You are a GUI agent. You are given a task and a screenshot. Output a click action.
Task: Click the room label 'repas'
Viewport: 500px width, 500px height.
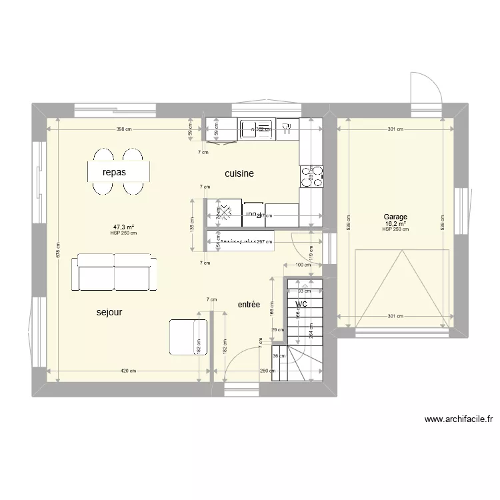pyautogui.click(x=114, y=172)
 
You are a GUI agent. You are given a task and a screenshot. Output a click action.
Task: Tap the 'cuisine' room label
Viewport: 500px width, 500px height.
pyautogui.click(x=239, y=173)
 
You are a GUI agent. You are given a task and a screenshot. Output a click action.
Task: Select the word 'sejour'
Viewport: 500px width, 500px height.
pyautogui.click(x=109, y=311)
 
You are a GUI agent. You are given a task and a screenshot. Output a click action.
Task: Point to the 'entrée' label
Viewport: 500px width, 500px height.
pyautogui.click(x=249, y=304)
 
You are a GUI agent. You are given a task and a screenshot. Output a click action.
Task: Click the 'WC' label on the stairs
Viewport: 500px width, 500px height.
pyautogui.click(x=301, y=304)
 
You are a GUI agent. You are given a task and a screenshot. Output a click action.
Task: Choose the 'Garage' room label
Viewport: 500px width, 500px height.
pyautogui.click(x=395, y=217)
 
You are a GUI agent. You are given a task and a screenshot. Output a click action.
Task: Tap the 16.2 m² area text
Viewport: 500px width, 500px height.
pyautogui.click(x=395, y=223)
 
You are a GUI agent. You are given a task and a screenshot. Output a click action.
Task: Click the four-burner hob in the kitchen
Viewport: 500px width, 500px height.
pyautogui.click(x=311, y=175)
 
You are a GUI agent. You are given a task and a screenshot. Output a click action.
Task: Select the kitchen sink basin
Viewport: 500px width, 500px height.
pyautogui.click(x=257, y=129)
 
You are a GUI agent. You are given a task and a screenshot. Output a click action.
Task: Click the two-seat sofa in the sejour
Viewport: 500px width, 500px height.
pyautogui.click(x=115, y=271)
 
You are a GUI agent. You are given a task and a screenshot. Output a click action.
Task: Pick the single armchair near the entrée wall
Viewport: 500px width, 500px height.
pyautogui.click(x=187, y=337)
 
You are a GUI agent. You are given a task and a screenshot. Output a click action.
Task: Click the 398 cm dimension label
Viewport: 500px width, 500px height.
pyautogui.click(x=123, y=129)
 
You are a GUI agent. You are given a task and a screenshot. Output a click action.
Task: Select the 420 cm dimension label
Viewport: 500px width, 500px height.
pyautogui.click(x=129, y=371)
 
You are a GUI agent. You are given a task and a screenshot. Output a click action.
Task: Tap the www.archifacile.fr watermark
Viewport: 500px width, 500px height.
pyautogui.click(x=457, y=420)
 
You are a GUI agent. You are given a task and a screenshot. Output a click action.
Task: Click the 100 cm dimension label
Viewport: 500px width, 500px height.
pyautogui.click(x=303, y=265)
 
